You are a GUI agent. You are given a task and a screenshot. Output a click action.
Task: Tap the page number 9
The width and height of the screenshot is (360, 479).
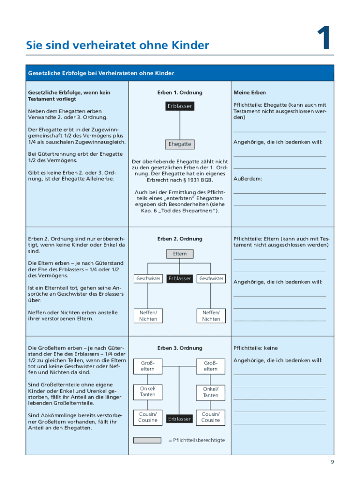coord(332,462)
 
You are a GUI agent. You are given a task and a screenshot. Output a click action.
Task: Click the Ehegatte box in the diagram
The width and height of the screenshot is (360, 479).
coord(180,144)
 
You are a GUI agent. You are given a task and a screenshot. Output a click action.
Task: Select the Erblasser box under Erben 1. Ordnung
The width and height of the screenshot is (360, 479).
coord(180,106)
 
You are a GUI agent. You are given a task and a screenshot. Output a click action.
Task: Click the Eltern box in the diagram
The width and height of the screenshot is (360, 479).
coord(180,254)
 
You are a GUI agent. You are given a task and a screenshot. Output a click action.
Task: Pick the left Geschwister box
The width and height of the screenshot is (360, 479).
coord(148,278)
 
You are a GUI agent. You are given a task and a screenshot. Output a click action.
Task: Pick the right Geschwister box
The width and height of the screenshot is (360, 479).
coord(211,278)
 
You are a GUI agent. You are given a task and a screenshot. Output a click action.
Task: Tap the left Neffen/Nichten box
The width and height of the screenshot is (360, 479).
coord(148,316)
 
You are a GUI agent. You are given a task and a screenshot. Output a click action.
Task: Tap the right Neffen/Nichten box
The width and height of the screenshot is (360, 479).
coord(211,316)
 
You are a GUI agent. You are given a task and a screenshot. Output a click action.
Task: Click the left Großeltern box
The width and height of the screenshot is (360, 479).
coord(148,366)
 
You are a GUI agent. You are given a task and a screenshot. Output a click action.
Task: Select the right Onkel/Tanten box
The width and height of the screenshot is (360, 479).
coord(211,392)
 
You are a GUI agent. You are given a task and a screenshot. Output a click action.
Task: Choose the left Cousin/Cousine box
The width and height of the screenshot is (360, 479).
coord(148,417)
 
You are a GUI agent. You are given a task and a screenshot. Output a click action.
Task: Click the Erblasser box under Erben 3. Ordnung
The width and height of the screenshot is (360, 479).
coord(180,419)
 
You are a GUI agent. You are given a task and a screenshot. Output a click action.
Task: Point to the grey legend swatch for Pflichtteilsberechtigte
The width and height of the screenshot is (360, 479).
coord(148,440)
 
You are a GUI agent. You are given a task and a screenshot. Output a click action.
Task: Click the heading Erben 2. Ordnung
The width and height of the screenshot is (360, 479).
coord(180,239)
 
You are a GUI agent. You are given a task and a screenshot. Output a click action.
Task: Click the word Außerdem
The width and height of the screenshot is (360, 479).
coord(248,179)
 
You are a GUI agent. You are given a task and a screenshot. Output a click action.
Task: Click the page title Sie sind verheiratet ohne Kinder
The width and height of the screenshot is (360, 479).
coord(117,45)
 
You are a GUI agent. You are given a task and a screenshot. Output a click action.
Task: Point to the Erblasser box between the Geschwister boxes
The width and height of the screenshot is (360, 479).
coord(180,278)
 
